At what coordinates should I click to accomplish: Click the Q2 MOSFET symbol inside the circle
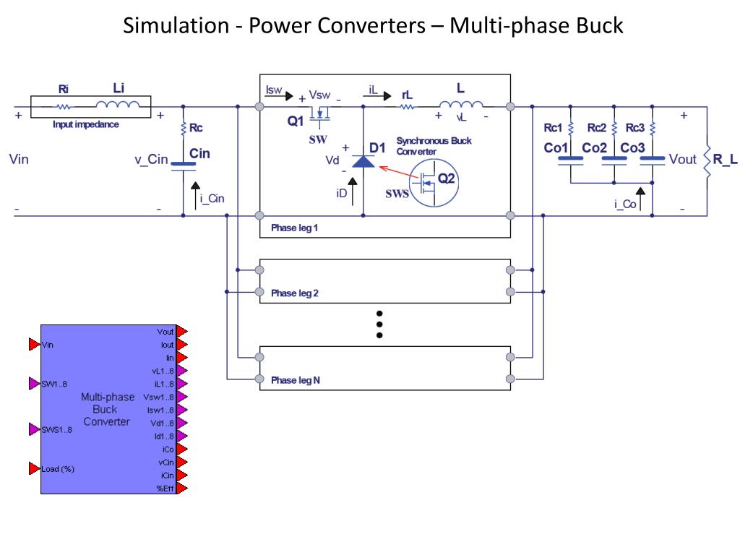(x=427, y=184)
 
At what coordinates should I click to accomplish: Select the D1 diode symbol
(x=363, y=162)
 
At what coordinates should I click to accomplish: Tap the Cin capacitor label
(x=199, y=153)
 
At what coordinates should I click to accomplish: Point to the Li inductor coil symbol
(x=118, y=105)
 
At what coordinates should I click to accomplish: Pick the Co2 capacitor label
(x=594, y=147)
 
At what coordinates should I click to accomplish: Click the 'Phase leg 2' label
(x=295, y=293)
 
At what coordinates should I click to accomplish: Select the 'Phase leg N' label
(x=296, y=380)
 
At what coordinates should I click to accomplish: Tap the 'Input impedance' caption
(x=85, y=124)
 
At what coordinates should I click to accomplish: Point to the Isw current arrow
(x=280, y=96)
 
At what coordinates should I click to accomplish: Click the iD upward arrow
(x=352, y=191)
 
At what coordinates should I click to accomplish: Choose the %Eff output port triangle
(x=182, y=489)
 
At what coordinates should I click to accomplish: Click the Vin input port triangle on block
(x=35, y=345)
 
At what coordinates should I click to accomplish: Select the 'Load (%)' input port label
(x=58, y=468)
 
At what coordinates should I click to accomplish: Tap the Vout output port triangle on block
(x=182, y=331)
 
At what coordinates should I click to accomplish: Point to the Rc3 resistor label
(x=634, y=128)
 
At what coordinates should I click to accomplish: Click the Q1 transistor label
(x=296, y=121)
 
